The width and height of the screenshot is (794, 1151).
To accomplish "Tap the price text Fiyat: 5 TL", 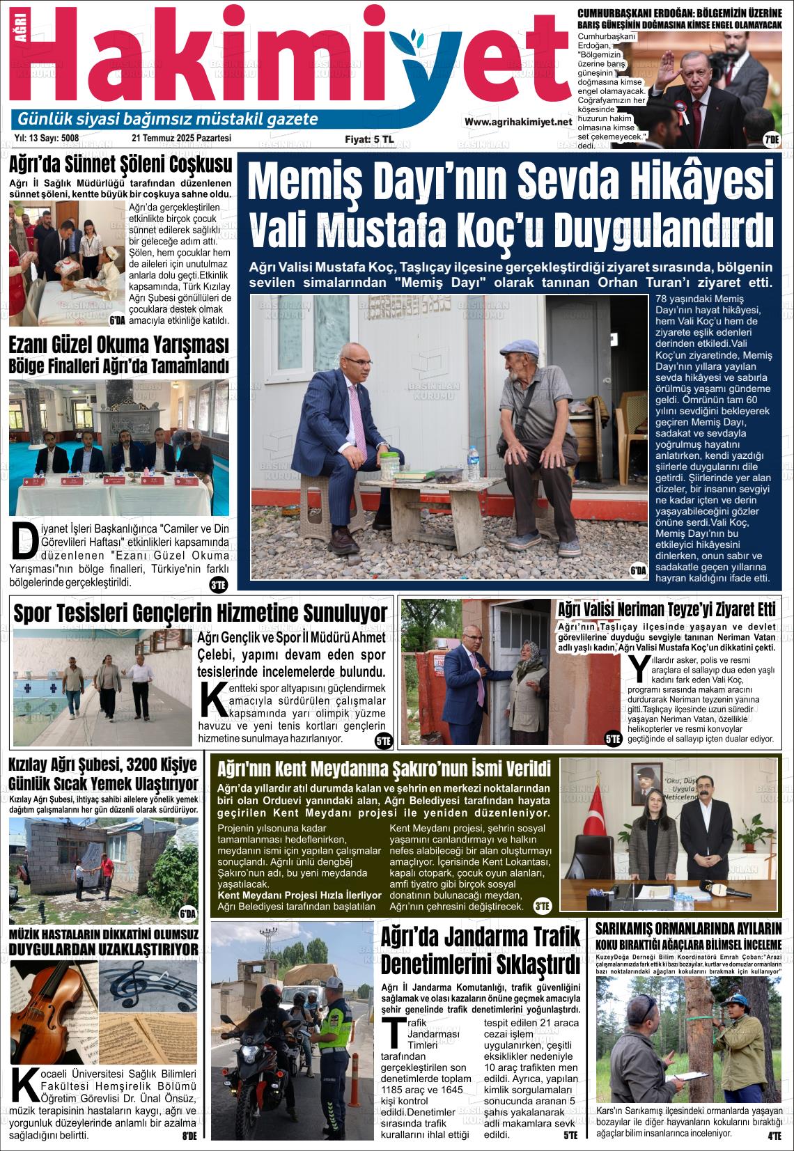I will tap(369, 139).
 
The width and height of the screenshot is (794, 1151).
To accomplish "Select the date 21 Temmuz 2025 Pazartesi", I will tap(176, 139).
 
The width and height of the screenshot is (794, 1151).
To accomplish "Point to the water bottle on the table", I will tap(473, 460).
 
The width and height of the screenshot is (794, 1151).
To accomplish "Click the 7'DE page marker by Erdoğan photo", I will tap(771, 139).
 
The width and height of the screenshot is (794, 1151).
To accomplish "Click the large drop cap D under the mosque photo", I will tap(24, 542).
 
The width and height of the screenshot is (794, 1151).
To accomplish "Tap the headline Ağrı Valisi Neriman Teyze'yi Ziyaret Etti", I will tap(667, 610).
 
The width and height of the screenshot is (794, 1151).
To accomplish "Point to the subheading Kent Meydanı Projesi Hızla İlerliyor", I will tap(299, 895).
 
